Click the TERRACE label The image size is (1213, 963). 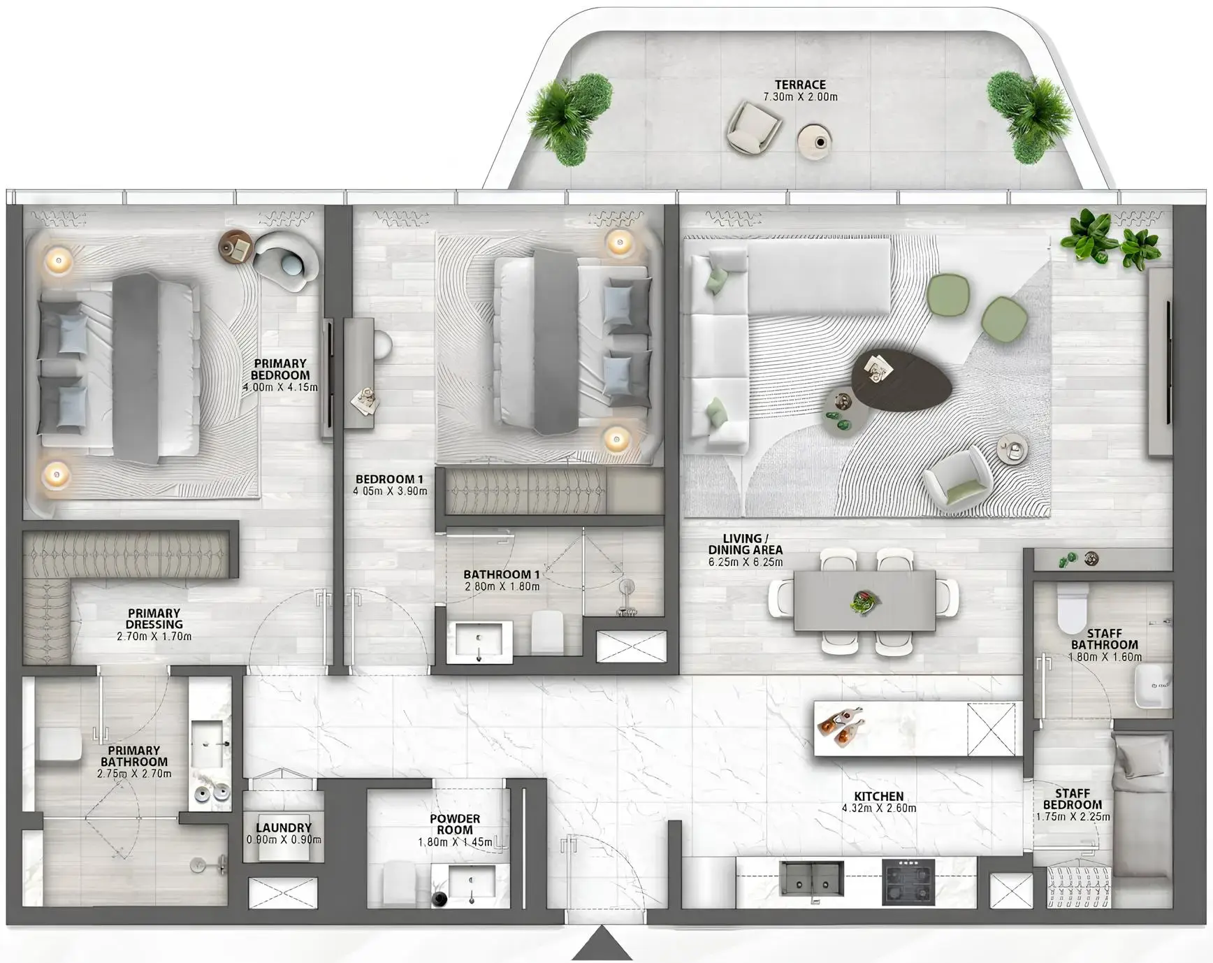pyautogui.click(x=799, y=85)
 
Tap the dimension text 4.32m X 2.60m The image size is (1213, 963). pyautogui.click(x=878, y=809)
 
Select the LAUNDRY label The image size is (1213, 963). pyautogui.click(x=284, y=827)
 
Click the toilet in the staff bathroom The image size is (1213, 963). pyautogui.click(x=1073, y=608)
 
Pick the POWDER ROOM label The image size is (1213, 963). pyautogui.click(x=455, y=824)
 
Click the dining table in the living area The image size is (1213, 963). pyautogui.click(x=864, y=601)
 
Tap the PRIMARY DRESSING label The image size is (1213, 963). pyautogui.click(x=154, y=618)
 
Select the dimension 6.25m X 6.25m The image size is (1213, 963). pyautogui.click(x=746, y=562)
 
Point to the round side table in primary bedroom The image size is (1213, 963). pyautogui.click(x=235, y=247)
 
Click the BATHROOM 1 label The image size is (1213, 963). pyautogui.click(x=501, y=574)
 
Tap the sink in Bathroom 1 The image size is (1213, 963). pyautogui.click(x=479, y=640)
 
